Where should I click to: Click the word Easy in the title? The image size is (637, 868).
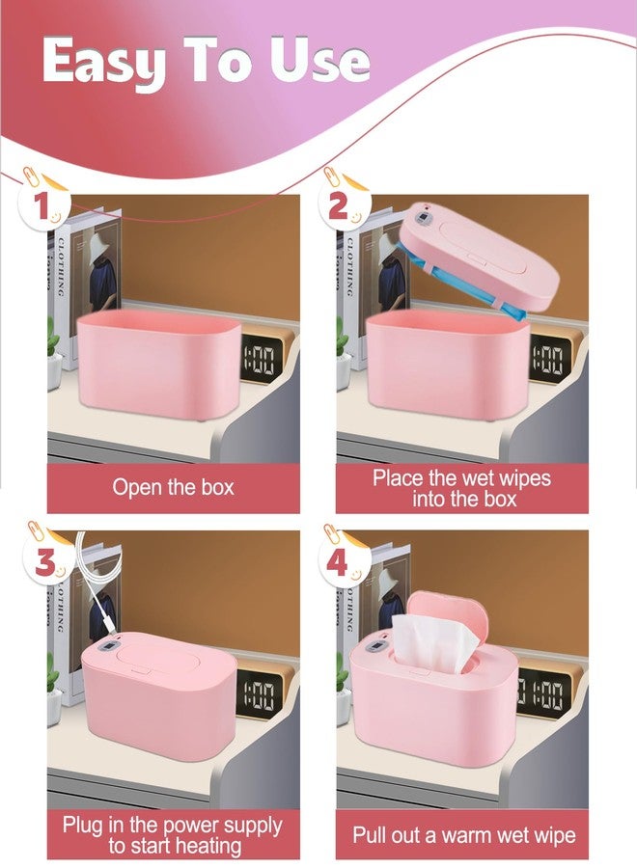point(103,62)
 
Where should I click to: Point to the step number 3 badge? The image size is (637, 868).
point(46,562)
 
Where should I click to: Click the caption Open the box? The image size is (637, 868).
point(174,487)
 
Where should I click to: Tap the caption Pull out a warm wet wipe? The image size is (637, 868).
point(464,835)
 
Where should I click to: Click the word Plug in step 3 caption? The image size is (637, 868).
point(83,825)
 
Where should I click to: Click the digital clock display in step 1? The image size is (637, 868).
point(260,362)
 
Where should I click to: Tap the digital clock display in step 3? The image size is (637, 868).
point(259,695)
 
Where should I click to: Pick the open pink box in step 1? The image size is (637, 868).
point(159,365)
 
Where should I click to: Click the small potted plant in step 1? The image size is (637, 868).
point(54,354)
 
